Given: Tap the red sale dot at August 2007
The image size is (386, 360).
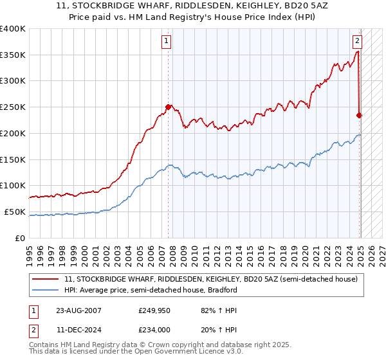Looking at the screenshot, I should coord(169,107).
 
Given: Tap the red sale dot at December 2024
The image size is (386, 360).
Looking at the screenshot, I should coord(360,115).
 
